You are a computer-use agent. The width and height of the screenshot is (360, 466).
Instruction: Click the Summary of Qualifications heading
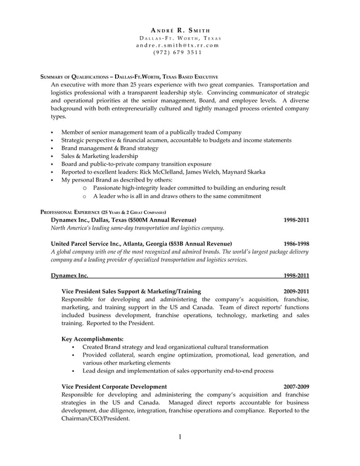129,76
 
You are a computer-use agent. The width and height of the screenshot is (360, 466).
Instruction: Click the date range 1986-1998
296,244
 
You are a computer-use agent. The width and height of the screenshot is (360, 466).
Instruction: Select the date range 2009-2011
296,291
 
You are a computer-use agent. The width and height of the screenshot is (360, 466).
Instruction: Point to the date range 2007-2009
296,386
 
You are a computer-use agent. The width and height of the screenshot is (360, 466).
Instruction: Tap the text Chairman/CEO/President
95,419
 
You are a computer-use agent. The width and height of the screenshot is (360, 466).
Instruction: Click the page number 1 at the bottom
179,438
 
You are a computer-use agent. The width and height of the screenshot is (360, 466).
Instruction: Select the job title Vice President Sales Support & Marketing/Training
131,291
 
